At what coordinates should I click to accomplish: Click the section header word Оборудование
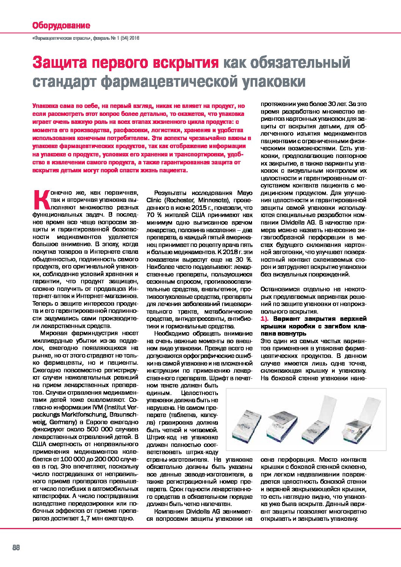(61, 25)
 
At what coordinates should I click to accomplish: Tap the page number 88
(16, 547)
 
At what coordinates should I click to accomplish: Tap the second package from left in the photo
(282, 424)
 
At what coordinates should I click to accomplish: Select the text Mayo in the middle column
(244, 193)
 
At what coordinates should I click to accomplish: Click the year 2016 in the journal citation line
(135, 38)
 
